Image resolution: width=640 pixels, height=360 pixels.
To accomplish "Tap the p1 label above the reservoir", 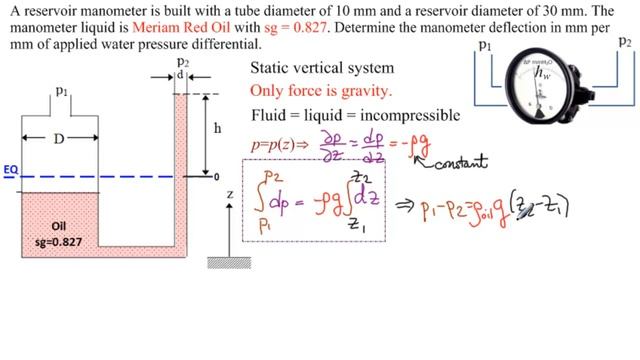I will tap(61, 92).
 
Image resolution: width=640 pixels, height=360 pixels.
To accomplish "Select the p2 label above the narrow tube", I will tap(182, 61).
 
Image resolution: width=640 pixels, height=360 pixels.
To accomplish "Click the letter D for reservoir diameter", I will tap(59, 138).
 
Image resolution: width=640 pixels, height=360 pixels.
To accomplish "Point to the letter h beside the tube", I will tap(204, 129).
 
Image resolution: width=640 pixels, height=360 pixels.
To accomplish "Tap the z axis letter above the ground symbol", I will tap(229, 194).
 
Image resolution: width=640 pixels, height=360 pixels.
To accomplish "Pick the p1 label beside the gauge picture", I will tap(485, 46).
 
